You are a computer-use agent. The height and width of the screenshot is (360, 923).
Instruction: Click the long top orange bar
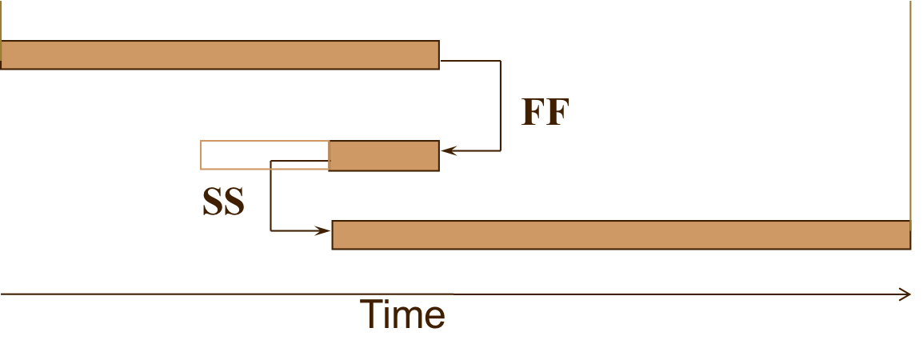[220, 54]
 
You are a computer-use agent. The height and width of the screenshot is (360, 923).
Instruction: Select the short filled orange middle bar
[384, 155]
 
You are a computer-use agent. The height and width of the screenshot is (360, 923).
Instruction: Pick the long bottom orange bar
[621, 235]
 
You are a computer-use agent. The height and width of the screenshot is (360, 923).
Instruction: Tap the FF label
[545, 112]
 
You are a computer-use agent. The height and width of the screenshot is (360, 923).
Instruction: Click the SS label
[223, 202]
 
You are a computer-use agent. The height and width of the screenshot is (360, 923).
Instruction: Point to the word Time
[402, 314]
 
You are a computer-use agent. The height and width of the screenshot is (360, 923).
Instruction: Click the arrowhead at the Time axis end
[905, 294]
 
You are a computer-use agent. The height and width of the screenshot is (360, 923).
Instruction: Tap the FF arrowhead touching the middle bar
[447, 150]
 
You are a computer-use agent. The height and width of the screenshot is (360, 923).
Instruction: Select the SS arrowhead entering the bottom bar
[324, 231]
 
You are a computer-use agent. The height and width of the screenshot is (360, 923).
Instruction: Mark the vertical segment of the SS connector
[271, 196]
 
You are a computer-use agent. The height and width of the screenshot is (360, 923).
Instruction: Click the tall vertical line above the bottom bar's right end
[910, 112]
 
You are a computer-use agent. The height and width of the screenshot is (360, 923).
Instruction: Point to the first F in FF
[533, 112]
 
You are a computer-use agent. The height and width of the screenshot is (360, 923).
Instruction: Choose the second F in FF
[557, 112]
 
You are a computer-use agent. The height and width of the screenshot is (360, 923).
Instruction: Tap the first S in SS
[212, 202]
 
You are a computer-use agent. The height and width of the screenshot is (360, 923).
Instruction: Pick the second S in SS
[234, 202]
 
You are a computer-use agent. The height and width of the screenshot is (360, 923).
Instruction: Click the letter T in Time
[370, 314]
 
